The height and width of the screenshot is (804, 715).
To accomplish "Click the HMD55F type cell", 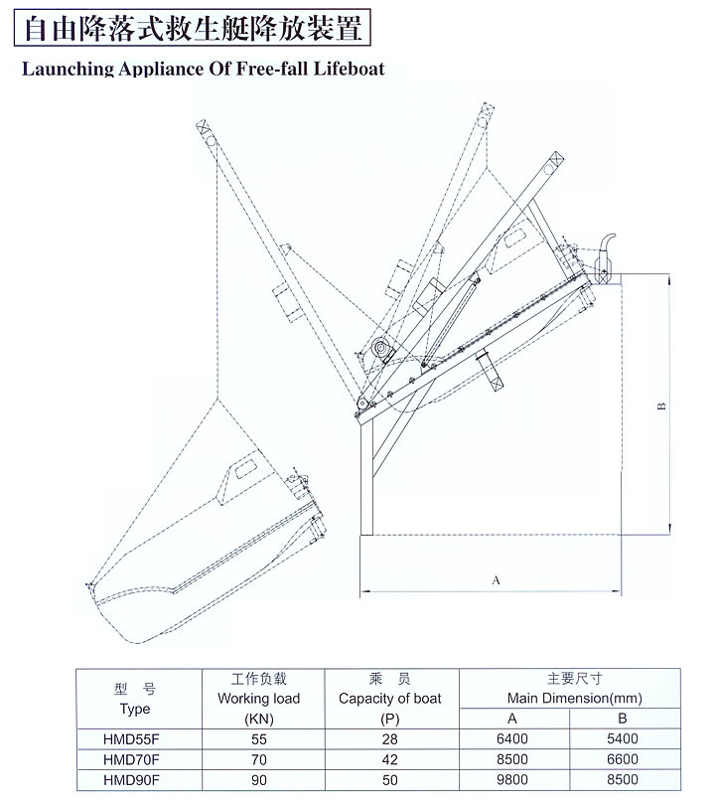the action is coord(131,738).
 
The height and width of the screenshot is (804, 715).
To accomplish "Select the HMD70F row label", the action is coord(131,759).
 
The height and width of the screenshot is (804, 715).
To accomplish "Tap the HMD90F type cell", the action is coord(131,780).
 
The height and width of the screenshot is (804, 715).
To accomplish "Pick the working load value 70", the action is coord(259,759).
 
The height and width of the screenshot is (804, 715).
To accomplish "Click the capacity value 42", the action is coord(389,759).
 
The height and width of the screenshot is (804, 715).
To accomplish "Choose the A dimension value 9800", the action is coord(512,780).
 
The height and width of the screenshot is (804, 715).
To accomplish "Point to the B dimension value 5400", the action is coord(623,738).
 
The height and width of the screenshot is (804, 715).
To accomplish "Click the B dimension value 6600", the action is coord(623,759).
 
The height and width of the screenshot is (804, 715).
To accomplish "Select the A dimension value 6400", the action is coord(512,738).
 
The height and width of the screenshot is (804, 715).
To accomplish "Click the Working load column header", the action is coord(258,699).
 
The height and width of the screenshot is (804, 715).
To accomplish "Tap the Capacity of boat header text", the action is coord(389,699).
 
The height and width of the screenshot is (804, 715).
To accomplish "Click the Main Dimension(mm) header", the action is coord(575,699).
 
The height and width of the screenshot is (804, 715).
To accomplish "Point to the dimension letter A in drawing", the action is coord(496,580).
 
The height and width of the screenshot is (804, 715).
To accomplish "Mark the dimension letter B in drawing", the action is coord(661,406).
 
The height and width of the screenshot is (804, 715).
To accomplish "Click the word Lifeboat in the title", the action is coord(349,69).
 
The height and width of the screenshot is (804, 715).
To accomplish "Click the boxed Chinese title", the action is coord(193,28).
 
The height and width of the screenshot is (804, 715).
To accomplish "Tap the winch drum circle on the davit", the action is coord(381,349).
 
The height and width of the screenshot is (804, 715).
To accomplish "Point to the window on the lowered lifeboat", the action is coord(245,469).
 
